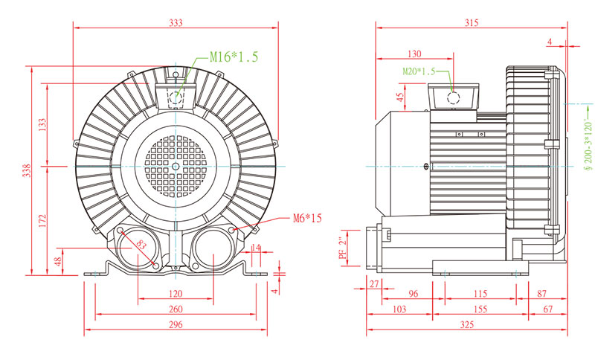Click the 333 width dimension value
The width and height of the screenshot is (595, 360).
tap(176, 23)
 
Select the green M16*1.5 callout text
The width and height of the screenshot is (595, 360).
tap(234, 57)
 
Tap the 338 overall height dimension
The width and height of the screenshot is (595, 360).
tap(26, 171)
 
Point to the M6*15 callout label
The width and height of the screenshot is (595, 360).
tap(307, 218)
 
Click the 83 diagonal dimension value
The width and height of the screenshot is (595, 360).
tap(141, 244)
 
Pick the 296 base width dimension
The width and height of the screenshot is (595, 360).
tap(176, 325)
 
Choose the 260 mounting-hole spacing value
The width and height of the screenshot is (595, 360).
tap(176, 309)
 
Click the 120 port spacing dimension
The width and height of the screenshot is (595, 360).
tap(176, 294)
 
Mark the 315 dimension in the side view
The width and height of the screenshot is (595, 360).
tap(472, 23)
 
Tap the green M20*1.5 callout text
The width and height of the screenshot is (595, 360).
tap(419, 71)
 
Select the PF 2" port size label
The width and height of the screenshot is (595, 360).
tap(343, 248)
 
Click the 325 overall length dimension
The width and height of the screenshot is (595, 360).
tap(467, 325)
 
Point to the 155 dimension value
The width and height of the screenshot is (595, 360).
tap(480, 309)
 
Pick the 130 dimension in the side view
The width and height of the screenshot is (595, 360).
tap(414, 54)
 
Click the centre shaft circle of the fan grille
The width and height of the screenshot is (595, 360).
tap(176, 166)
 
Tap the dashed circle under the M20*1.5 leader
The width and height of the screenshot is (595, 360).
tap(453, 98)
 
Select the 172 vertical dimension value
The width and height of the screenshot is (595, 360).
tap(42, 221)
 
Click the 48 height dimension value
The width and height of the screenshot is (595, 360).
tap(58, 262)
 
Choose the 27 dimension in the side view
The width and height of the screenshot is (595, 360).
tap(374, 283)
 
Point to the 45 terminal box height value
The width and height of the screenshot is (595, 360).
tap(400, 97)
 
